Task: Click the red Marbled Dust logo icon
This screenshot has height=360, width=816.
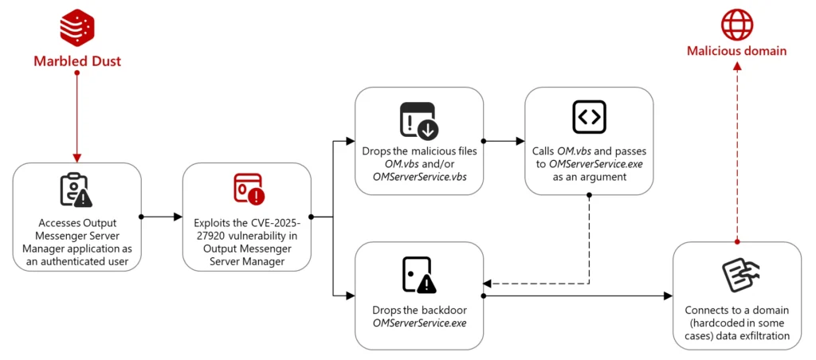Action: (x=77, y=25)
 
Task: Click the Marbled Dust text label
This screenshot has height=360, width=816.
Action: (x=77, y=61)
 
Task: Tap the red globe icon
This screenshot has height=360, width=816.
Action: (x=737, y=24)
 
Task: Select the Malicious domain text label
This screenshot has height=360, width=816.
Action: (x=737, y=51)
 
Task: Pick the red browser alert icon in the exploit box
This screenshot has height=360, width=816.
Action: (x=248, y=189)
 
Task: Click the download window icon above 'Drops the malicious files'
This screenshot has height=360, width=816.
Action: (x=418, y=120)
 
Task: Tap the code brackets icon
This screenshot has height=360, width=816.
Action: (x=589, y=117)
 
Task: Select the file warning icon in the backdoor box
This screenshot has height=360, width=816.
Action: (x=419, y=275)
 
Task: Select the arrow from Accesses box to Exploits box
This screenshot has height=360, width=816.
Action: (x=162, y=216)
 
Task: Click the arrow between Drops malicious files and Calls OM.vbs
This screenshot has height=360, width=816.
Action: (x=504, y=141)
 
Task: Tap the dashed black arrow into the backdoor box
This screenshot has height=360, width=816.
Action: (x=542, y=283)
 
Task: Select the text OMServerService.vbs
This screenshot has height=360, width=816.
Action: (x=419, y=176)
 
